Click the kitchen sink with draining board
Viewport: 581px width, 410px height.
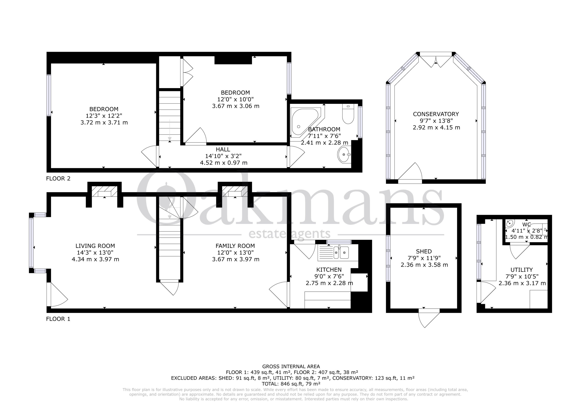coord(338,252)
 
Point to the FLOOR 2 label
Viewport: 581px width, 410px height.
coord(58,178)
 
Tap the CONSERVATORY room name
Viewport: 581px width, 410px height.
coord(436,114)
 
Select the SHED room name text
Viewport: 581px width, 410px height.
coord(424,251)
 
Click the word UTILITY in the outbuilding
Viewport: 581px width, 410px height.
coord(522,270)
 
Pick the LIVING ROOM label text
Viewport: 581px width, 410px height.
coord(95,246)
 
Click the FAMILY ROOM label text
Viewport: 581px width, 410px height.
coord(235,246)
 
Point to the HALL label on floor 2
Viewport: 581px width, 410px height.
coord(223,149)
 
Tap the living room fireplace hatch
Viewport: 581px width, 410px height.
coord(104,191)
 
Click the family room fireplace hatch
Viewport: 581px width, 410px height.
coord(235,191)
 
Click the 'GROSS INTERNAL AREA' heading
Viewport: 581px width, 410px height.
coord(291,366)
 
